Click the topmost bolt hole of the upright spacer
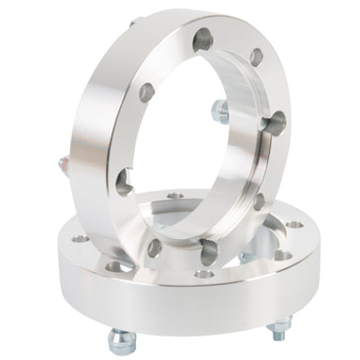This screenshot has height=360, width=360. point(203,38)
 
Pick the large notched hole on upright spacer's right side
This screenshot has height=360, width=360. point(276,122)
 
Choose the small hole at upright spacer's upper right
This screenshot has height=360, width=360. point(256,56)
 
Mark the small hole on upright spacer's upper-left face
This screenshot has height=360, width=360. point(146,92)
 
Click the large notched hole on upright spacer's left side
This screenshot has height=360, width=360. point(124,181)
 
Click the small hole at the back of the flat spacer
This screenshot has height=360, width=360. point(174,197)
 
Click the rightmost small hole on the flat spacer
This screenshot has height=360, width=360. point(294,225)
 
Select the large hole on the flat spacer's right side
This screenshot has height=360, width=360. point(281,254)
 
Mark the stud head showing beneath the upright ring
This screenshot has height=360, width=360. point(247,257)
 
